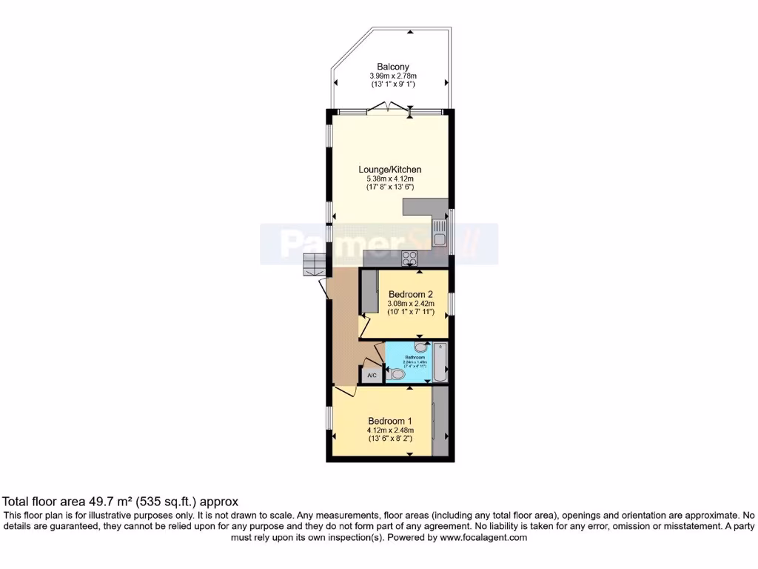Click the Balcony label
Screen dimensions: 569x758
pyautogui.click(x=392, y=67)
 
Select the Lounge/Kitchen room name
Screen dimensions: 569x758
pyautogui.click(x=389, y=170)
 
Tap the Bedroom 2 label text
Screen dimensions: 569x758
pyautogui.click(x=410, y=293)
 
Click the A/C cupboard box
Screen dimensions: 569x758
pyautogui.click(x=372, y=376)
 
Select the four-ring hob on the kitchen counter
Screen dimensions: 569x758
pyautogui.click(x=409, y=258)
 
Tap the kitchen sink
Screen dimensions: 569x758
pyautogui.click(x=440, y=238)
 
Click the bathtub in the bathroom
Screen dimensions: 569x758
pyautogui.click(x=440, y=363)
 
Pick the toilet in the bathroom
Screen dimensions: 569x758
pyautogui.click(x=398, y=375)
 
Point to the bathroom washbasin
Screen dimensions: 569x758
pyautogui.click(x=420, y=347)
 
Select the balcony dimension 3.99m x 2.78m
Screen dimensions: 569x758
pyautogui.click(x=392, y=76)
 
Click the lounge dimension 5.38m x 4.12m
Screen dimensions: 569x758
pyautogui.click(x=389, y=179)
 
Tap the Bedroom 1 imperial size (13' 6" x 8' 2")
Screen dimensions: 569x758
pyautogui.click(x=389, y=439)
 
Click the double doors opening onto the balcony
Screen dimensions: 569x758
pyautogui.click(x=389, y=110)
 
